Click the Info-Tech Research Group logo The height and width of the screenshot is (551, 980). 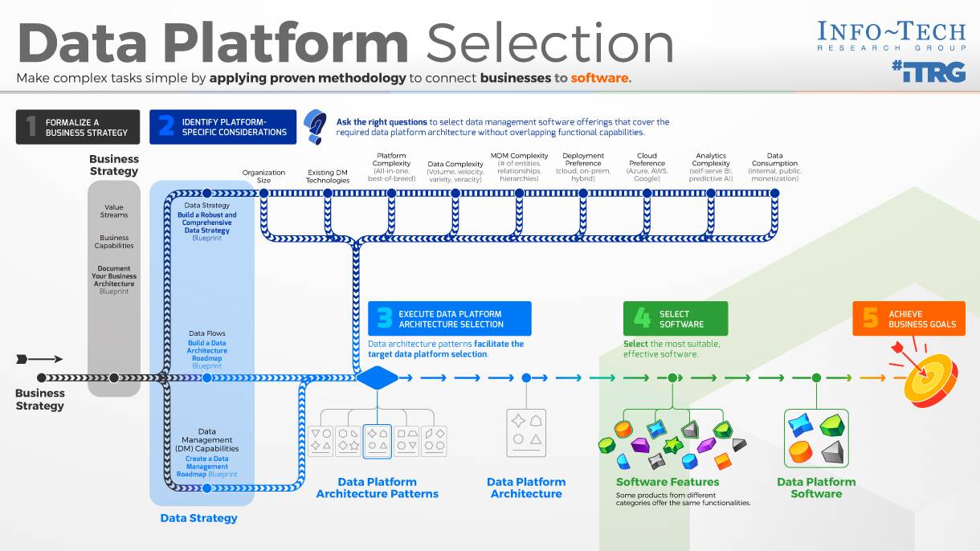(x=891, y=36)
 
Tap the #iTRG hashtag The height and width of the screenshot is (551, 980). (x=928, y=71)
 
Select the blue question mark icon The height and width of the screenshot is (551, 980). (x=315, y=126)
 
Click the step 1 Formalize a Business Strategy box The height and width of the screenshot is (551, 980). (x=78, y=127)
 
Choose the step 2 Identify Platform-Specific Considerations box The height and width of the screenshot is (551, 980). (x=223, y=127)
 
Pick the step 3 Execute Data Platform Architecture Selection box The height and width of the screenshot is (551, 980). (x=449, y=319)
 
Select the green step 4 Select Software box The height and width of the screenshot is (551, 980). (x=675, y=319)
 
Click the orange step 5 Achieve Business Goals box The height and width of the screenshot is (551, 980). (x=909, y=319)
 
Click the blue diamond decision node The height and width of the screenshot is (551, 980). (x=377, y=378)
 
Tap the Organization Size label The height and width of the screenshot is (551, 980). (x=263, y=176)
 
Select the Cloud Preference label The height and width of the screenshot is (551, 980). (x=647, y=167)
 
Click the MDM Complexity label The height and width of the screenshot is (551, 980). (x=519, y=167)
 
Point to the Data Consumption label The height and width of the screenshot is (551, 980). (x=774, y=167)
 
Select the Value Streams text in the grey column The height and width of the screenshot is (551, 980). (x=114, y=211)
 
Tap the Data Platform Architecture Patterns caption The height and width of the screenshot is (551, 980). (x=377, y=488)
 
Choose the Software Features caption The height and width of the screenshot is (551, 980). (x=668, y=482)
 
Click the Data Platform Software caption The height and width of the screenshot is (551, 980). (x=816, y=488)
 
